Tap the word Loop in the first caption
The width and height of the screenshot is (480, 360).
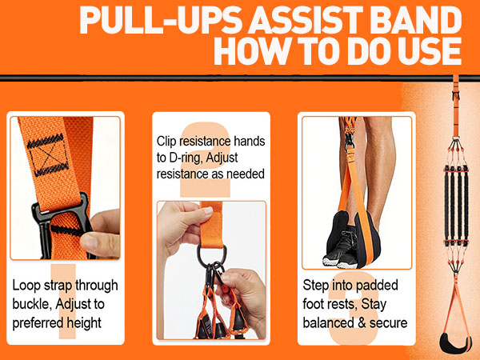tap(28, 285)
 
